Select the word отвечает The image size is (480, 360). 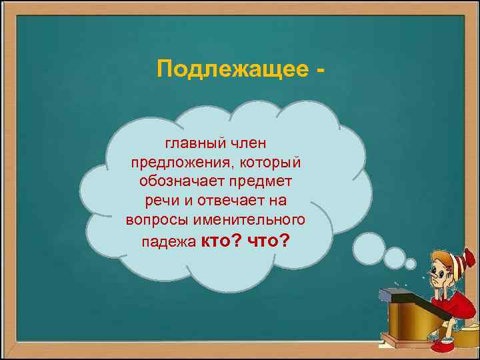click(226, 201)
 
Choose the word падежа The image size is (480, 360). click(165, 241)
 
